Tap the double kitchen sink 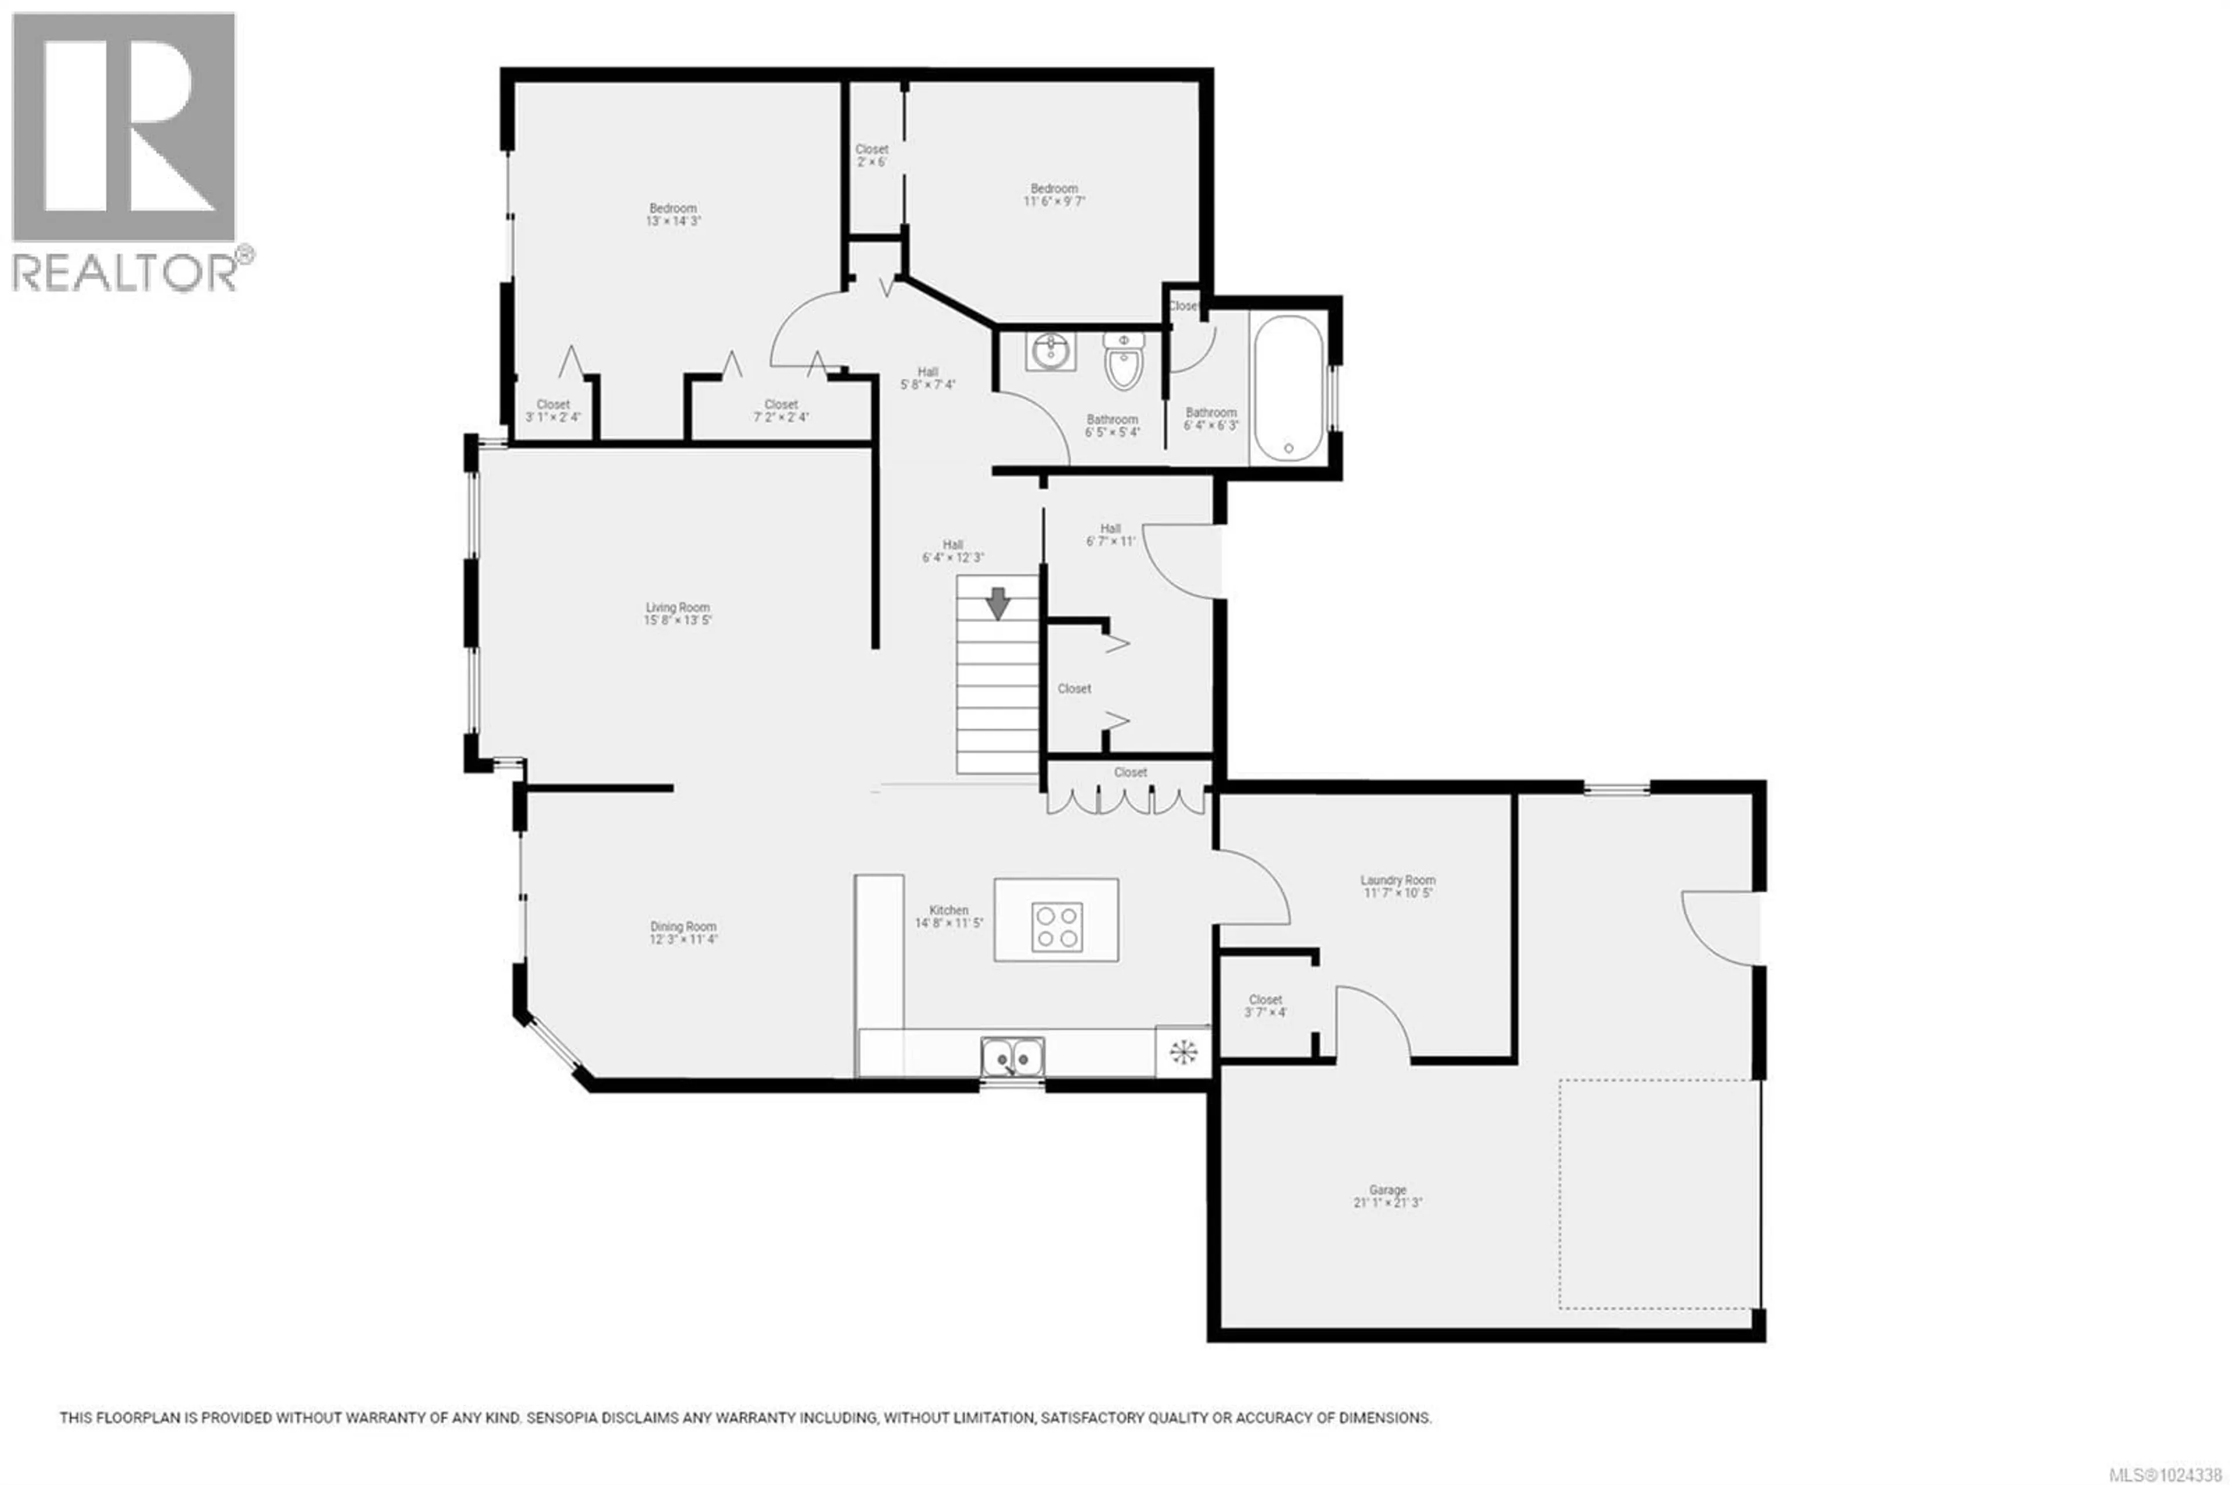click(1012, 1056)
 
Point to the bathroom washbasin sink click(1051, 351)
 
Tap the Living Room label click(677, 607)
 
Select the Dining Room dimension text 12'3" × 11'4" click(683, 939)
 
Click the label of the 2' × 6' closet click(872, 150)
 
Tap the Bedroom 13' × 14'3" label click(672, 208)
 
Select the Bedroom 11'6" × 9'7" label click(1053, 189)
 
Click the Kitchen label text click(948, 910)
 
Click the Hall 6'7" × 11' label click(1110, 528)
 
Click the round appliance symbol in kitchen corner click(1183, 1051)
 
